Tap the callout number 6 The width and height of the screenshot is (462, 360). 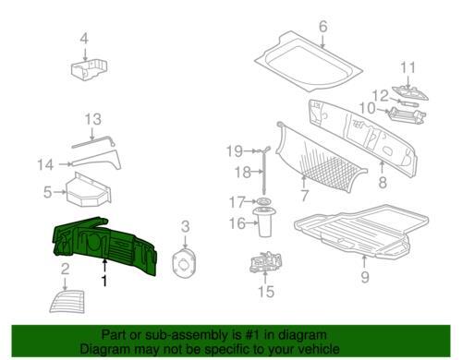[x=322, y=27]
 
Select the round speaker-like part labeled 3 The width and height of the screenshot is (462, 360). [x=183, y=262]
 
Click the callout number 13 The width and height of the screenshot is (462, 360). [x=92, y=119]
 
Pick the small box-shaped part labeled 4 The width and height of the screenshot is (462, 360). [x=90, y=70]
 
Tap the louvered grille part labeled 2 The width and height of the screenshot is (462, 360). [x=67, y=302]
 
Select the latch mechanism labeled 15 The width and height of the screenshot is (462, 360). [x=265, y=261]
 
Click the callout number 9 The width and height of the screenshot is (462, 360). [x=365, y=277]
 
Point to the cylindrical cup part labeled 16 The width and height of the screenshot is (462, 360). [x=264, y=222]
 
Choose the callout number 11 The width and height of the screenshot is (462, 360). [x=407, y=68]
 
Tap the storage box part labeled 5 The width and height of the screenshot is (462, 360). [x=89, y=189]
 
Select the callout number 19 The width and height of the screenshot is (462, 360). [x=235, y=151]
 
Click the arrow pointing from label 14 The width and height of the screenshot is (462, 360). [x=66, y=164]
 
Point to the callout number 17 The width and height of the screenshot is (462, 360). [x=237, y=202]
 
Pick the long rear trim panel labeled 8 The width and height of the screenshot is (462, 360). [x=363, y=138]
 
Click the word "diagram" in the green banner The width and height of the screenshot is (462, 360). [x=302, y=335]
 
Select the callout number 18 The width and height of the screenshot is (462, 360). [x=242, y=172]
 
